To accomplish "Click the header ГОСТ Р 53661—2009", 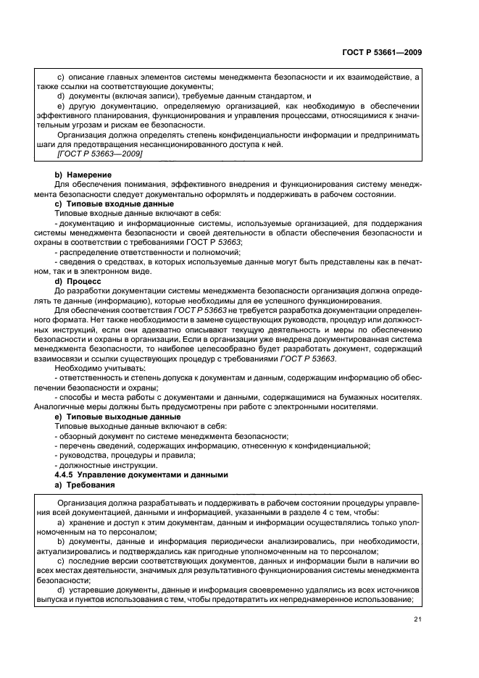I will click(x=382, y=51).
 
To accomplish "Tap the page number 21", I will click(x=418, y=619).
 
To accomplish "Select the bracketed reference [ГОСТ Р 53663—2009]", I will click(x=99, y=154).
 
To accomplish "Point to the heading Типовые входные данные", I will click(x=119, y=204).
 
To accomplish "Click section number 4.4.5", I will click(x=70, y=474).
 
